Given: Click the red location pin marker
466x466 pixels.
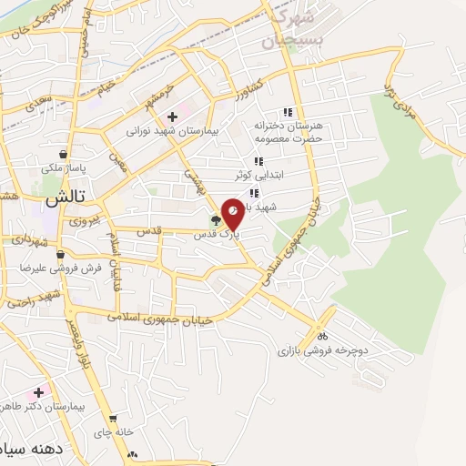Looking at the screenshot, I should point(232,212).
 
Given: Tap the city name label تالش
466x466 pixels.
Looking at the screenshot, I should point(63,196).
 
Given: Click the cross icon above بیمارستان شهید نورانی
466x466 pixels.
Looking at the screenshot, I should point(172,116).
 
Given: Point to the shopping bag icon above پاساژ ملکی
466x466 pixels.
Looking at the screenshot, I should point(61,154).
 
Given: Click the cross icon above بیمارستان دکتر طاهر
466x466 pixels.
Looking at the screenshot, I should point(38,392).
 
